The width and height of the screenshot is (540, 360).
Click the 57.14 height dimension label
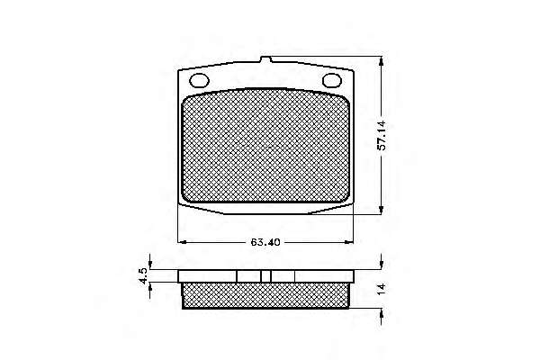coord(382,136)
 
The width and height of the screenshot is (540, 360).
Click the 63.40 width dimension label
coord(265,242)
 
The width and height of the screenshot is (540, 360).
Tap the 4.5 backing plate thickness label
coord(143,276)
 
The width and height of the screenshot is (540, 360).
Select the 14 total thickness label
coord(381,289)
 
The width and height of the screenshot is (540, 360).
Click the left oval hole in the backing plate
coord(200,81)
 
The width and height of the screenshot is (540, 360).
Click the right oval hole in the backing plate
coord(331,81)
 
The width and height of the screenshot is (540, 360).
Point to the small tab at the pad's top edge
coord(265,59)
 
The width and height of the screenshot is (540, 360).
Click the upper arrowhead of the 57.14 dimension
coord(381,61)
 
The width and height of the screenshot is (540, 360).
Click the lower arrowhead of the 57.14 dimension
coord(381,210)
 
